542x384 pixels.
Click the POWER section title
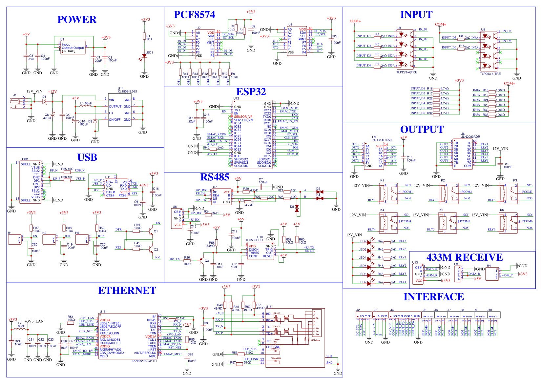(x=77, y=20)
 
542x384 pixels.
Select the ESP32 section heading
(x=251, y=92)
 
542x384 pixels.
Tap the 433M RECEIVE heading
(x=465, y=257)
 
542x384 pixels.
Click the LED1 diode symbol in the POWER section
(x=144, y=56)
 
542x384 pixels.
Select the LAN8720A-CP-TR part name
(x=144, y=361)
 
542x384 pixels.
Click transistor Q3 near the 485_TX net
(x=201, y=261)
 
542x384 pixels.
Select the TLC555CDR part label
(x=254, y=240)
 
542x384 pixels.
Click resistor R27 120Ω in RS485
(x=264, y=197)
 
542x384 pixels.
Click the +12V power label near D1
(x=52, y=92)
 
